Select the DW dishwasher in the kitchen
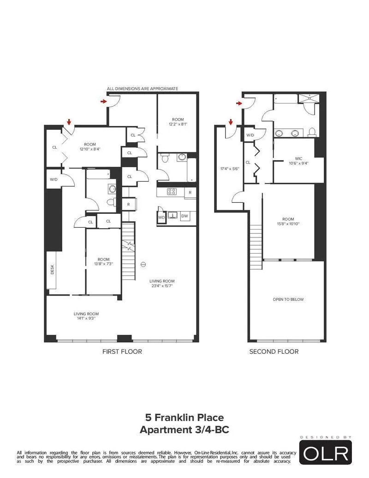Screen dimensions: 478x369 pos(184,216)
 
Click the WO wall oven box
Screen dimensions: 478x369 pos(161,216)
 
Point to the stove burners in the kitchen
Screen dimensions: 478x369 pos(172,192)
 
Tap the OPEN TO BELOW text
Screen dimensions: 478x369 pos(288,299)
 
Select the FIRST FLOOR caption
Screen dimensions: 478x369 pos(122,351)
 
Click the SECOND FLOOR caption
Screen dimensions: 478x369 pos(274,351)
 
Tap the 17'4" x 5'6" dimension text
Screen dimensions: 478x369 pos(229,169)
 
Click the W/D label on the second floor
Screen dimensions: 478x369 pos(250,135)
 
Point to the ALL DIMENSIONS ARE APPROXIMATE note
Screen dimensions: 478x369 pos(143,88)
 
